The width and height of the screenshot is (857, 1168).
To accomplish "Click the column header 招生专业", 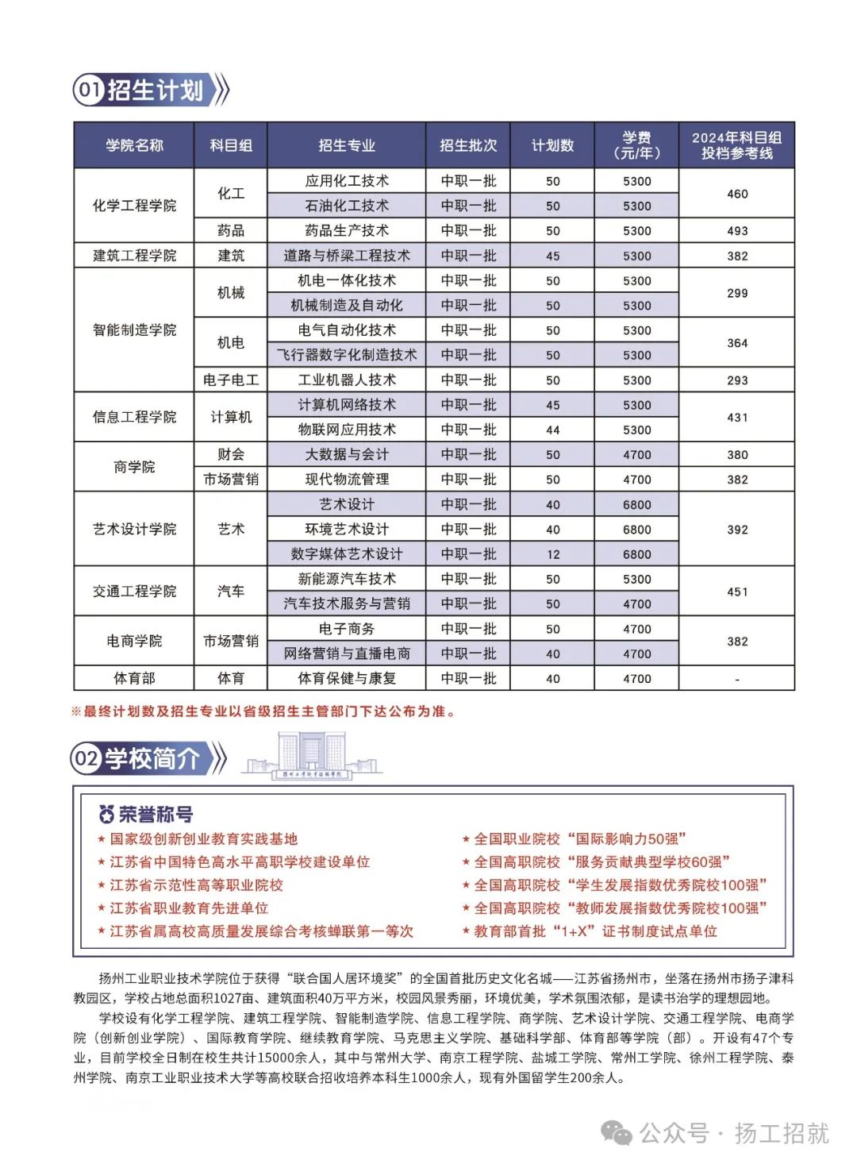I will (347, 145).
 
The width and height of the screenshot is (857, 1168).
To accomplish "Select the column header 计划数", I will (552, 145).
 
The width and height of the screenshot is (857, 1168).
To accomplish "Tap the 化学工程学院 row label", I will (134, 206).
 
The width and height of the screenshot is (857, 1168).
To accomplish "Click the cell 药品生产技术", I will (347, 231).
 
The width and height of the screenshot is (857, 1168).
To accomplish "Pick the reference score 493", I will (737, 231).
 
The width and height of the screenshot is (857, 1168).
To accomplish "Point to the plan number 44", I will (552, 430).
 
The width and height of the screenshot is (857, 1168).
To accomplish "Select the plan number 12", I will (552, 555).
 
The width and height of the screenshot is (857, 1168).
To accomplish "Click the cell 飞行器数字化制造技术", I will (347, 355).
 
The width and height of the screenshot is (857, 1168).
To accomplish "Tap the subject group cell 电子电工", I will (231, 380).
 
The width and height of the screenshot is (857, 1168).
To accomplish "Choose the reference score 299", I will (737, 293).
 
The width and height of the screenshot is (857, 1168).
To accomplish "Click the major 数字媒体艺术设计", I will (347, 554).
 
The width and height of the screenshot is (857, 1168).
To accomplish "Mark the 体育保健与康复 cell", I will (347, 679).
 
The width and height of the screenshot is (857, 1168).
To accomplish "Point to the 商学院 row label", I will (134, 467).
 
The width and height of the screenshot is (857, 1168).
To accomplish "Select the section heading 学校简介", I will (152, 759).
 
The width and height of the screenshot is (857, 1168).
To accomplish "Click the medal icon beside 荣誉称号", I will (106, 814).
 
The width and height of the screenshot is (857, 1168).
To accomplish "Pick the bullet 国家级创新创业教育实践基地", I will (203, 839).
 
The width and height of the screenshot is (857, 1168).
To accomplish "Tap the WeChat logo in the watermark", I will (617, 1132).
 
